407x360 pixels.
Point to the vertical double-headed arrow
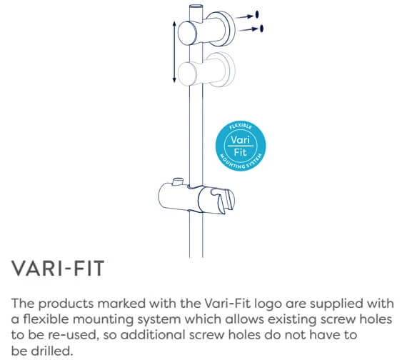[175, 51]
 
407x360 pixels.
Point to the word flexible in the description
[46, 318]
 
